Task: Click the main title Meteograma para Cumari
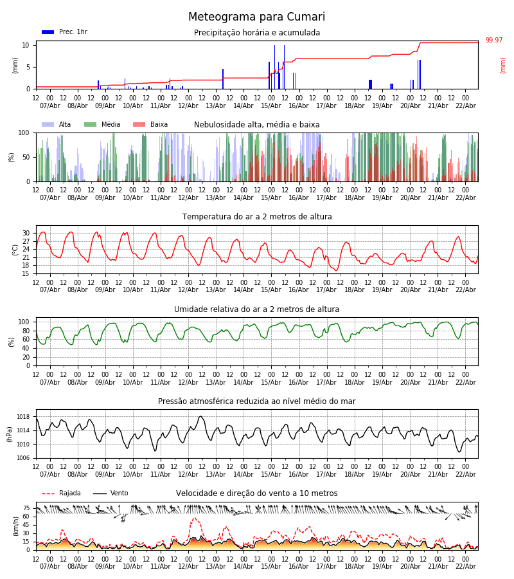click(x=256, y=17)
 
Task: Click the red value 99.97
click(x=494, y=41)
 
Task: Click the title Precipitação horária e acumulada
click(x=257, y=33)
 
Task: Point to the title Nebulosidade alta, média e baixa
click(x=257, y=125)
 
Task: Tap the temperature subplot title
click(x=257, y=217)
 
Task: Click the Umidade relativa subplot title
click(x=257, y=309)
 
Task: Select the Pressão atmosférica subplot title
click(x=257, y=401)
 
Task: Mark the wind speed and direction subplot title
click(x=257, y=493)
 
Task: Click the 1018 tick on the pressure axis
click(x=24, y=417)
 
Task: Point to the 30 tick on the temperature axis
click(x=26, y=234)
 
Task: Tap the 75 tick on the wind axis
click(x=26, y=508)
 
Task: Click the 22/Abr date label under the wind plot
click(x=465, y=566)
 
